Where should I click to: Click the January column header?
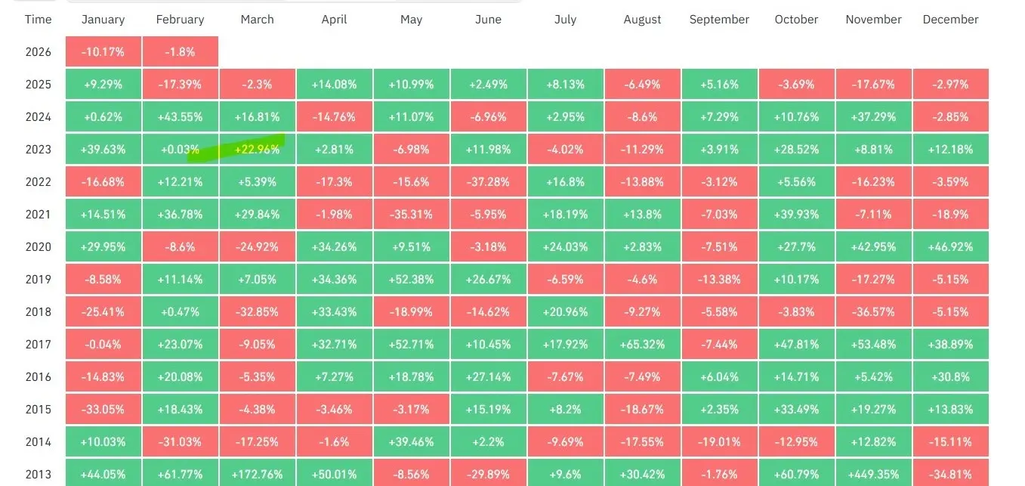103,20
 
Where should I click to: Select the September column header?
719,20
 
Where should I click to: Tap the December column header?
950,20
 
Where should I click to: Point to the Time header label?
38,20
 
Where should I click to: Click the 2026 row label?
38,52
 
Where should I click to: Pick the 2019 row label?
38,280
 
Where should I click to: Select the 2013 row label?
38,475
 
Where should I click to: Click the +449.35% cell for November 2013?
873,474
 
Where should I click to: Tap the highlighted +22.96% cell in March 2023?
258,150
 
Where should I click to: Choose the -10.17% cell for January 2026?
103,52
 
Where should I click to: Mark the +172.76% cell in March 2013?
258,474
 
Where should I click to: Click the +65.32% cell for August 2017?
642,345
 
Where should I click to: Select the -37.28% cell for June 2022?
488,182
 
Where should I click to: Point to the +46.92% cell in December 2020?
950,247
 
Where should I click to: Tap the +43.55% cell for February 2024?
181,117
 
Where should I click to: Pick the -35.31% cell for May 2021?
411,215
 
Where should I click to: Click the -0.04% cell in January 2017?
103,345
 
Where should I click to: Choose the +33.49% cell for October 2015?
796,410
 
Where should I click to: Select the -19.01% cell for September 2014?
719,442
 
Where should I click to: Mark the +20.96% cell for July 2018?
565,312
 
